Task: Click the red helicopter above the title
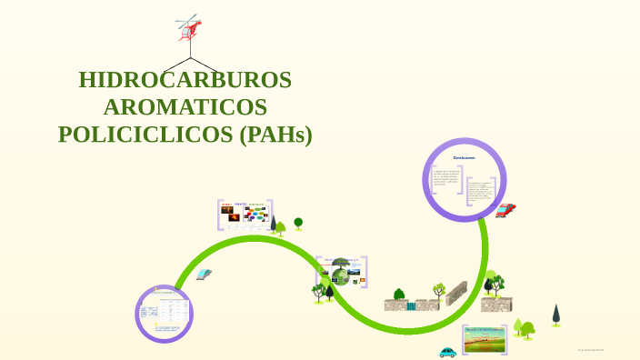tap(188, 28)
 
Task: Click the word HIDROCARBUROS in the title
tap(185, 80)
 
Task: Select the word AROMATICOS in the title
tap(185, 107)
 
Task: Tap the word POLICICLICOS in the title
tap(145, 135)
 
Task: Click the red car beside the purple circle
tap(505, 210)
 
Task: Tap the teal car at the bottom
tap(447, 352)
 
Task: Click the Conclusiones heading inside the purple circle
tap(465, 157)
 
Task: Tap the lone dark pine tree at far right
tap(555, 315)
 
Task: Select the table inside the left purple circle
tap(165, 313)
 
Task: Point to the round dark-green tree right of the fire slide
tap(298, 222)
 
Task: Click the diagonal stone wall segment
tap(455, 293)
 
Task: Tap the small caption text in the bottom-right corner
tap(591, 349)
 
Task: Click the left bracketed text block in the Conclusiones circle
tap(446, 183)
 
